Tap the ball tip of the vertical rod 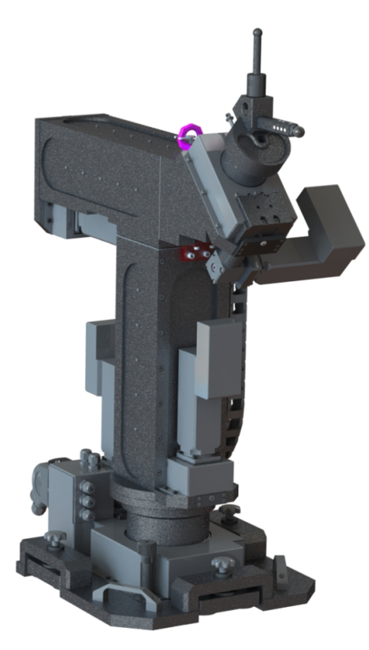[x=257, y=32]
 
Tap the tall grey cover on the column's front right [x=219, y=359]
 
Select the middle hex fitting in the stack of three [x=87, y=501]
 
